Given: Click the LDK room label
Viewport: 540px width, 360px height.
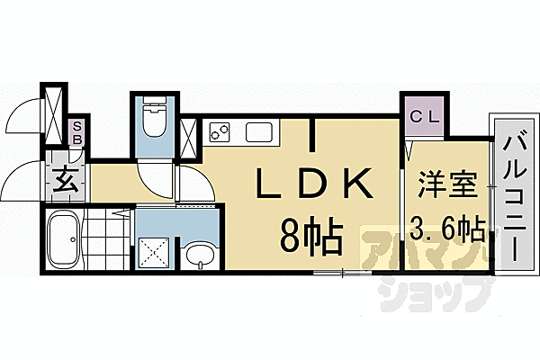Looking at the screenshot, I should [x=310, y=187].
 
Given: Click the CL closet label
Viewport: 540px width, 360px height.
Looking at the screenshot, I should [x=422, y=116].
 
